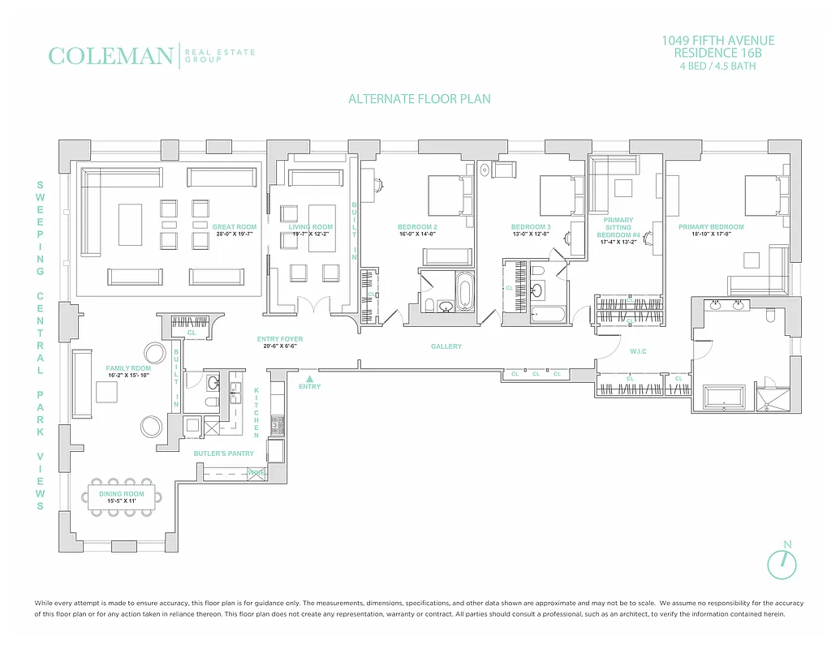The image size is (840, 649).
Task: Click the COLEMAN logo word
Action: (x=110, y=56)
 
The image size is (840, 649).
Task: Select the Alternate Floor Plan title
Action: (x=419, y=99)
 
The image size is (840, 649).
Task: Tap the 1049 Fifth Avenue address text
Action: (x=717, y=41)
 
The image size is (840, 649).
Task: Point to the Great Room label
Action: (x=234, y=227)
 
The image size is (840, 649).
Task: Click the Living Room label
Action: (x=312, y=227)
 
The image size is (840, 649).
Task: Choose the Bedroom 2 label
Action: (x=417, y=227)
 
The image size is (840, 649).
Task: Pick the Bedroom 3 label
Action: (x=531, y=227)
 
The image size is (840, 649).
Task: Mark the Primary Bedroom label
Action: (x=711, y=227)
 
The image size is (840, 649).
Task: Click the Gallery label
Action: (x=446, y=346)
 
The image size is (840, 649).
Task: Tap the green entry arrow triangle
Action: (x=309, y=377)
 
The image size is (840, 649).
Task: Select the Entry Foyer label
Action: (x=279, y=339)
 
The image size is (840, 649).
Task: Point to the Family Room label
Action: (x=128, y=368)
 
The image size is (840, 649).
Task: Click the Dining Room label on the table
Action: (x=122, y=493)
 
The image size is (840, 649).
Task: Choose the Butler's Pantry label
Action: (x=223, y=453)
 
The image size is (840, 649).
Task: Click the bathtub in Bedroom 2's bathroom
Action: (x=464, y=291)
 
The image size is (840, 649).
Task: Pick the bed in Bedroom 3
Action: (x=558, y=196)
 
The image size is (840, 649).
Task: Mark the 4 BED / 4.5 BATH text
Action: (x=717, y=66)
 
